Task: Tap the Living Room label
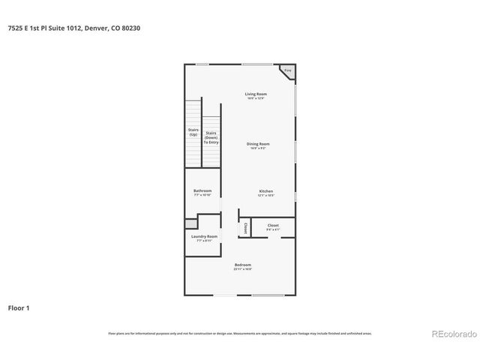pos(256,94)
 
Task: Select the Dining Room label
pos(258,143)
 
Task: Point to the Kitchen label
pos(266,190)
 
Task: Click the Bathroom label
pos(202,190)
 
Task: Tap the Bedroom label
pos(242,265)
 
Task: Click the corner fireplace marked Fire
pos(288,71)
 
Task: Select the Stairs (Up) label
pos(193,133)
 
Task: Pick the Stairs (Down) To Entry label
pos(211,137)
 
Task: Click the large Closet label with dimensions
pos(273,225)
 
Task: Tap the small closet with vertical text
pos(245,228)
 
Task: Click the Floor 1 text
pos(19,307)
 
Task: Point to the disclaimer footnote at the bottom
pos(240,333)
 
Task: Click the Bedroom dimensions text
pos(242,269)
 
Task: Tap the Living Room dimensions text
pos(256,98)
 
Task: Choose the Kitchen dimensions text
pos(266,195)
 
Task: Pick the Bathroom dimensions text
pos(202,195)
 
